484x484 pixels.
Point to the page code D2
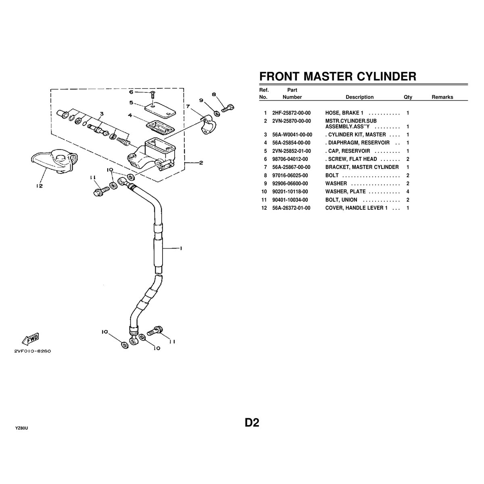coord(252,423)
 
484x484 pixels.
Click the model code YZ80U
coord(21,428)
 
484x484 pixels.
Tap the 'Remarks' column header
coord(442,97)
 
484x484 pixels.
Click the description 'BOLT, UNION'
coord(341,200)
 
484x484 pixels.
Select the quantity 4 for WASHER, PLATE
coord(408,192)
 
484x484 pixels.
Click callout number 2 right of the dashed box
coord(200,163)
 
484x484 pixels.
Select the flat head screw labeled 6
coord(152,94)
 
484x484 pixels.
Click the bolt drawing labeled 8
coord(228,107)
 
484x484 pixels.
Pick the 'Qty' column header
coord(408,97)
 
